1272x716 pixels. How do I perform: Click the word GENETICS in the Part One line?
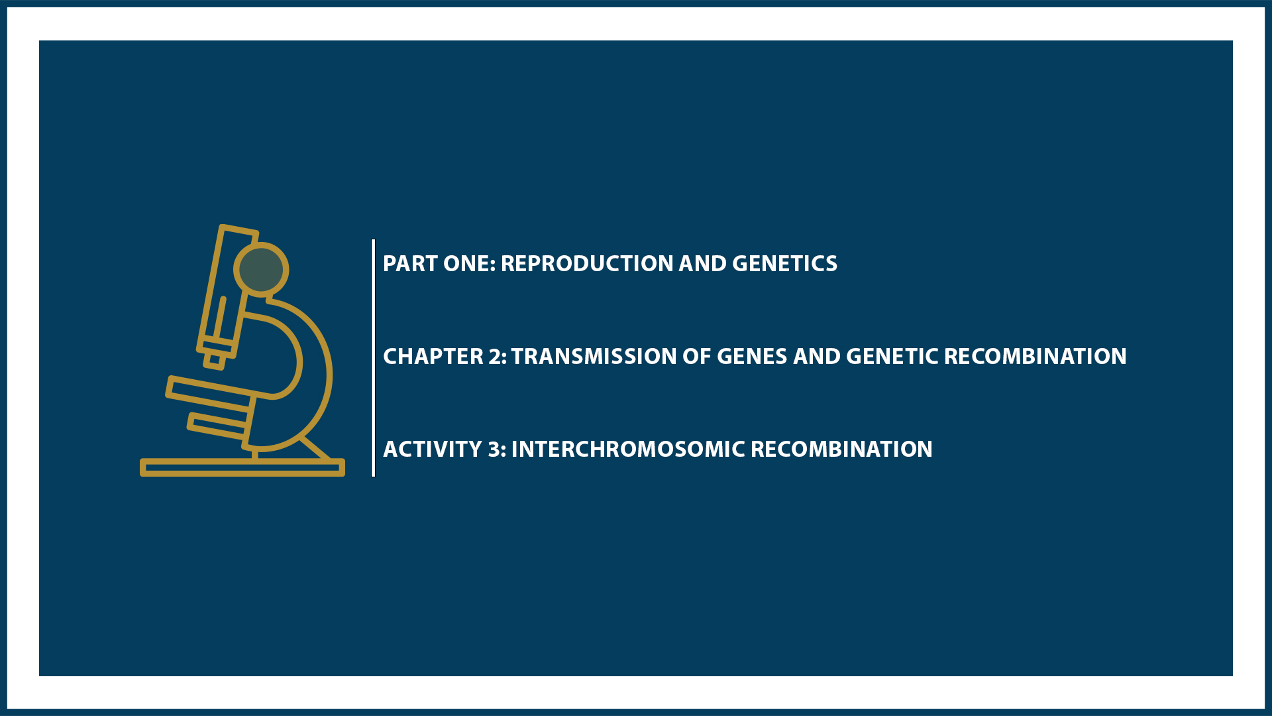tap(784, 264)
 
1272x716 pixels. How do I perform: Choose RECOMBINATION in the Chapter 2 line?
tap(1035, 357)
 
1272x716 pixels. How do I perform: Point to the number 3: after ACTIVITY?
tap(497, 449)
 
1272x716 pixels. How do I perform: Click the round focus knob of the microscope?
tap(261, 269)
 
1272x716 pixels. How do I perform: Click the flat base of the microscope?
tap(242, 467)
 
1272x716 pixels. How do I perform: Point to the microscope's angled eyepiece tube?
tap(225, 292)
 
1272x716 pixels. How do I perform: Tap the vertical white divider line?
tap(374, 358)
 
